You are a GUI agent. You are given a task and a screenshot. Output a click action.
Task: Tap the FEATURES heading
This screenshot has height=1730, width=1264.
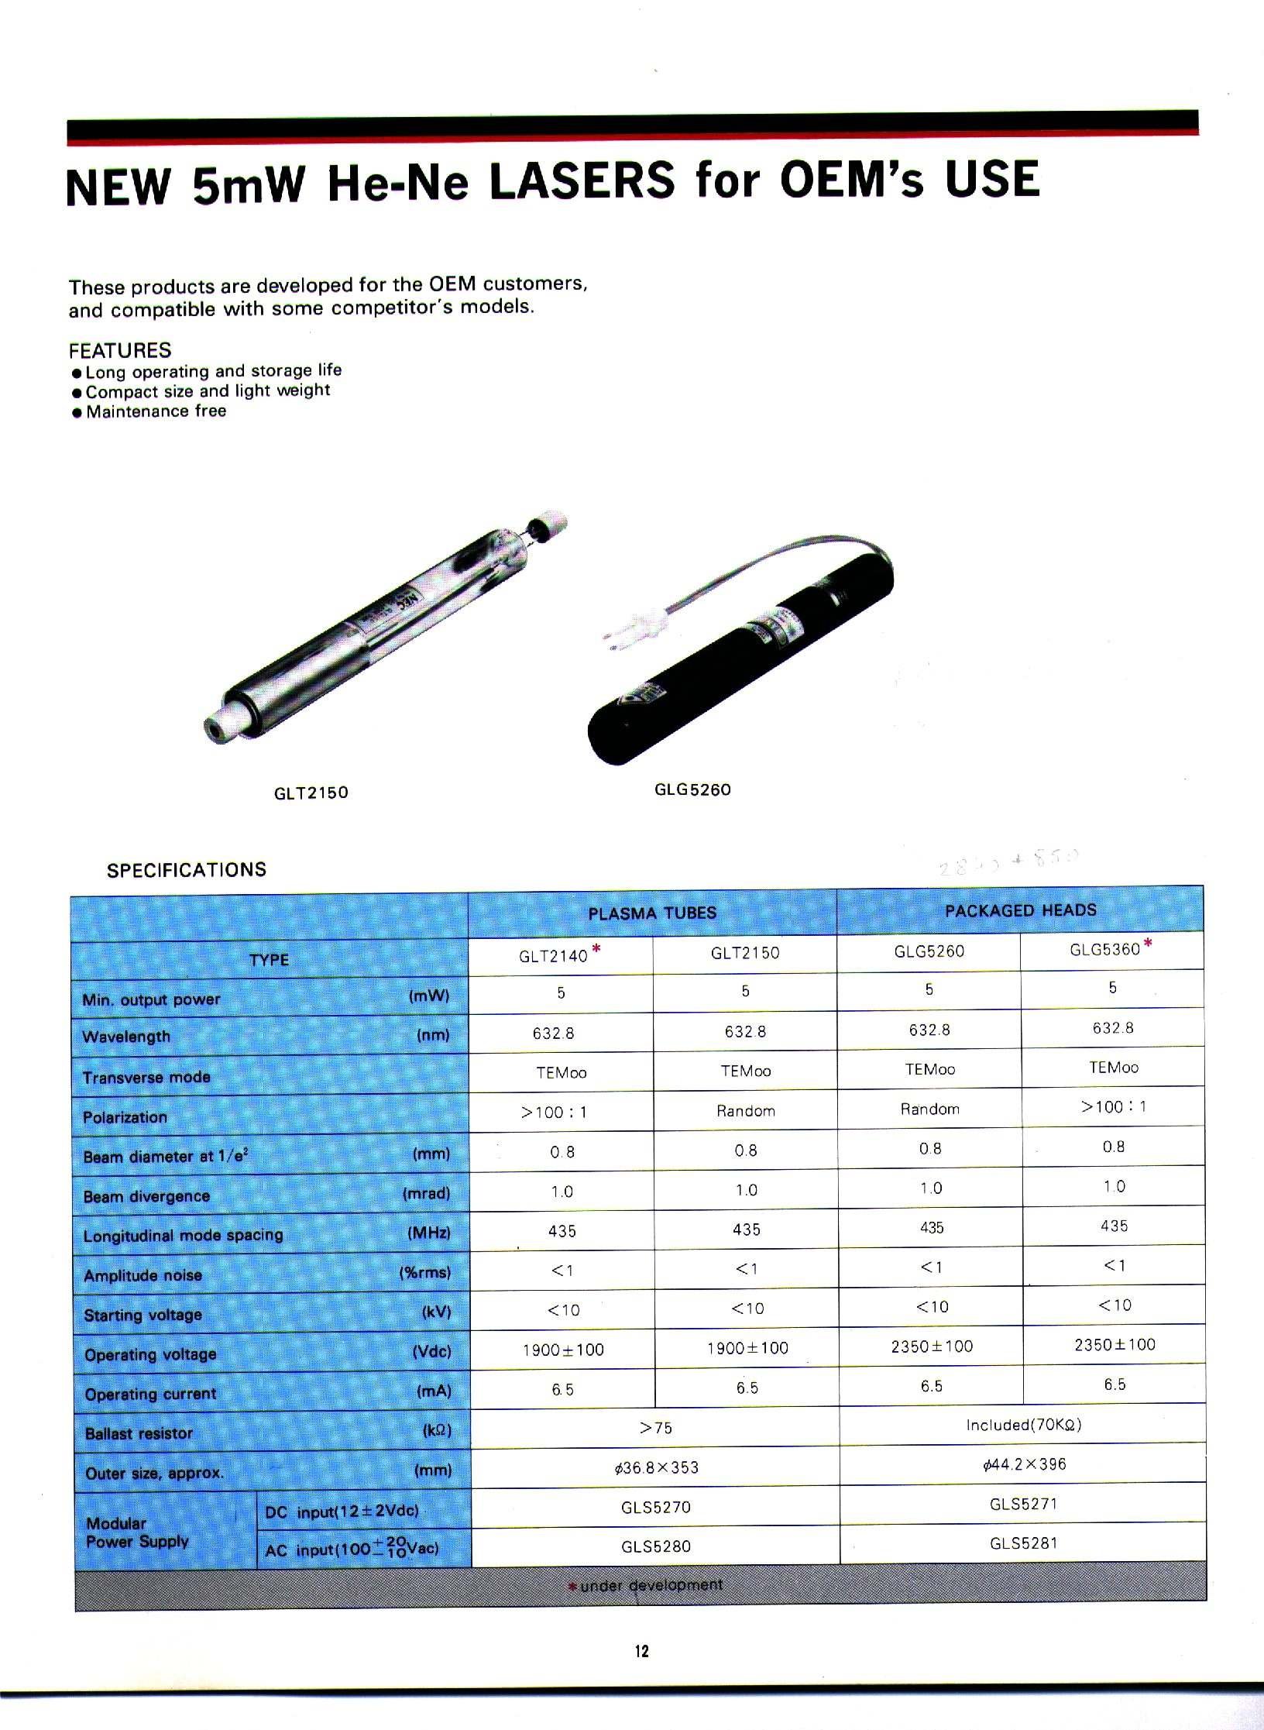[120, 350]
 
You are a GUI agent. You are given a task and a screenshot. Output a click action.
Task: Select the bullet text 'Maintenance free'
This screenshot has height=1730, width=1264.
[156, 411]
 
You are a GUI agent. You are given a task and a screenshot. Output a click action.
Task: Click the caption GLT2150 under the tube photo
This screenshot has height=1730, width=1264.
[311, 793]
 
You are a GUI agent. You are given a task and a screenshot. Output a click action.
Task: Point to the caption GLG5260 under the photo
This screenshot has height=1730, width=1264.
[692, 789]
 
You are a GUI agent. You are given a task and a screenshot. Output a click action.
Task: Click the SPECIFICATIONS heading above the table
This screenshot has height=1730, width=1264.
[187, 869]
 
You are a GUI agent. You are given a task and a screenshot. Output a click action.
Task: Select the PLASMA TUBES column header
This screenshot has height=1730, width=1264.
[652, 913]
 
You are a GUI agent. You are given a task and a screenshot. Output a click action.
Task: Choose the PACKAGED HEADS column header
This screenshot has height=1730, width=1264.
[1020, 910]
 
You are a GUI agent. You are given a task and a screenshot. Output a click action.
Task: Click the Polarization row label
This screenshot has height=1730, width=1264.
[125, 1117]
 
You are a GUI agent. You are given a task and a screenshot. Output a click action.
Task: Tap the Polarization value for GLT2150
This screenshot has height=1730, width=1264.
[745, 1111]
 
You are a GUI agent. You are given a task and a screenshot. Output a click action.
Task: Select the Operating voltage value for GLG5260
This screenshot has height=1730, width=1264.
[932, 1347]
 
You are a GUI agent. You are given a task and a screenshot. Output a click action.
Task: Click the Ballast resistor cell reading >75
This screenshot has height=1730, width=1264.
[655, 1428]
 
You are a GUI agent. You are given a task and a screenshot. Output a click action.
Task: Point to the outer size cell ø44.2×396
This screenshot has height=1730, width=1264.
[1024, 1464]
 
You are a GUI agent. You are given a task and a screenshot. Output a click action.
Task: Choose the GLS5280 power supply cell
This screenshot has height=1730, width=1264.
[655, 1546]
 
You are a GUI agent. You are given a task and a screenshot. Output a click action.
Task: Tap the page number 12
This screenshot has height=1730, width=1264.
[641, 1650]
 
